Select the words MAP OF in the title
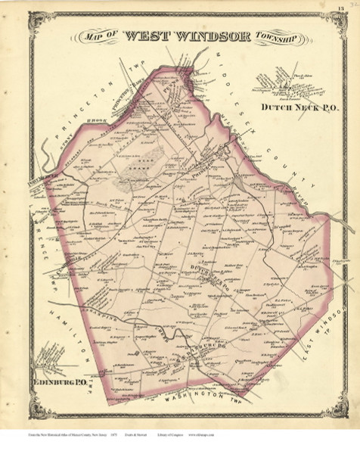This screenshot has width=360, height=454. coord(103,38)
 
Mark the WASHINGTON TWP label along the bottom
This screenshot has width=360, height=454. coord(201,394)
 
